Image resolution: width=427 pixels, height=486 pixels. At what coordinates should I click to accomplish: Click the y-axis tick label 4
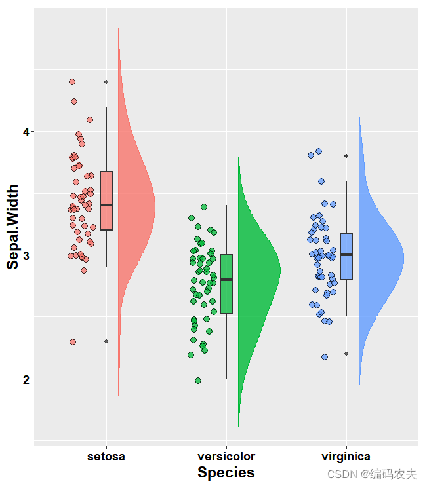[x=26, y=132]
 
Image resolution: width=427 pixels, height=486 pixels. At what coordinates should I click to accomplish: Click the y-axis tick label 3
[x=26, y=255]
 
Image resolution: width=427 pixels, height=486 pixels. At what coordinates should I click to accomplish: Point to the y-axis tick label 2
[x=26, y=379]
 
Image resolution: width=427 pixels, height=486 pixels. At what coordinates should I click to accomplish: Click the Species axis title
[x=226, y=472]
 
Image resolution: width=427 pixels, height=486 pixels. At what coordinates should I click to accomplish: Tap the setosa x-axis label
[x=106, y=456]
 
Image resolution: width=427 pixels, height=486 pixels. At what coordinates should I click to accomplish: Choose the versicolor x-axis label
[x=226, y=456]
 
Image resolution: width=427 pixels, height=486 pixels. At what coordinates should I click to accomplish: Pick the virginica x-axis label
[x=346, y=456]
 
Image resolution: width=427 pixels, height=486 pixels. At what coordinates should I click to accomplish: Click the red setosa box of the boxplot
[x=106, y=200]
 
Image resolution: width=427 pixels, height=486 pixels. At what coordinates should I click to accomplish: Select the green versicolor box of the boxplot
[x=226, y=284]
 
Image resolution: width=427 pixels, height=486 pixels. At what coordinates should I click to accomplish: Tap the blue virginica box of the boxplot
[x=346, y=256]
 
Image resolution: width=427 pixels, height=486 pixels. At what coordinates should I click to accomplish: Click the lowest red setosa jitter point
[x=73, y=342]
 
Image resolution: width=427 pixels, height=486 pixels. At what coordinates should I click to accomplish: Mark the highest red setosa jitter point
[x=72, y=82]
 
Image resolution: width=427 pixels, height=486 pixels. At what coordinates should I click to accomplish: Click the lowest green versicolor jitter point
[x=198, y=381]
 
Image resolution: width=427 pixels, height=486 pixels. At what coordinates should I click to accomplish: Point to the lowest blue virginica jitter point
[x=325, y=357]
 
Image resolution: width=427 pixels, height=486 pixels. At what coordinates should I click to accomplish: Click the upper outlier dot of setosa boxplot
[x=106, y=82]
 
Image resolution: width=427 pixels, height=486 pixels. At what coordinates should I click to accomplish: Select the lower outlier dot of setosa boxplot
[x=106, y=341]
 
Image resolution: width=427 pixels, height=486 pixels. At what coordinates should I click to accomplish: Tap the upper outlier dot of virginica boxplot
[x=346, y=156]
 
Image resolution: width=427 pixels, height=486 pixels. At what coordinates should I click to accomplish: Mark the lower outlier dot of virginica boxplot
[x=346, y=354]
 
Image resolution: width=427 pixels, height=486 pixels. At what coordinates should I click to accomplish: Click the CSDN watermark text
[x=372, y=474]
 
